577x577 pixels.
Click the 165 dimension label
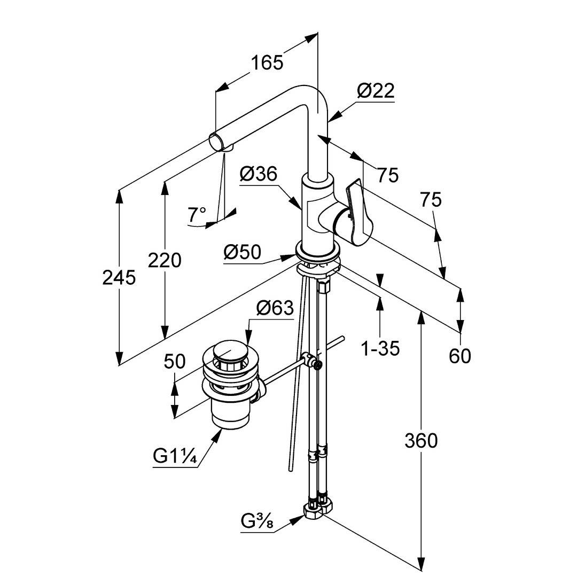(267, 63)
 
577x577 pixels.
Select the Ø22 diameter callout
(376, 91)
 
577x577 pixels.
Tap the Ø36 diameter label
(259, 174)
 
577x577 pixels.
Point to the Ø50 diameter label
(243, 252)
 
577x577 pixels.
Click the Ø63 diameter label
(275, 308)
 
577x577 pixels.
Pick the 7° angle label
(197, 215)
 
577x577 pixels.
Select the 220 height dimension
(165, 260)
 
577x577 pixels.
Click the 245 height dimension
(119, 277)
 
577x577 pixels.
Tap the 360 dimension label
(421, 440)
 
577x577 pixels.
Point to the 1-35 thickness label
(381, 348)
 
